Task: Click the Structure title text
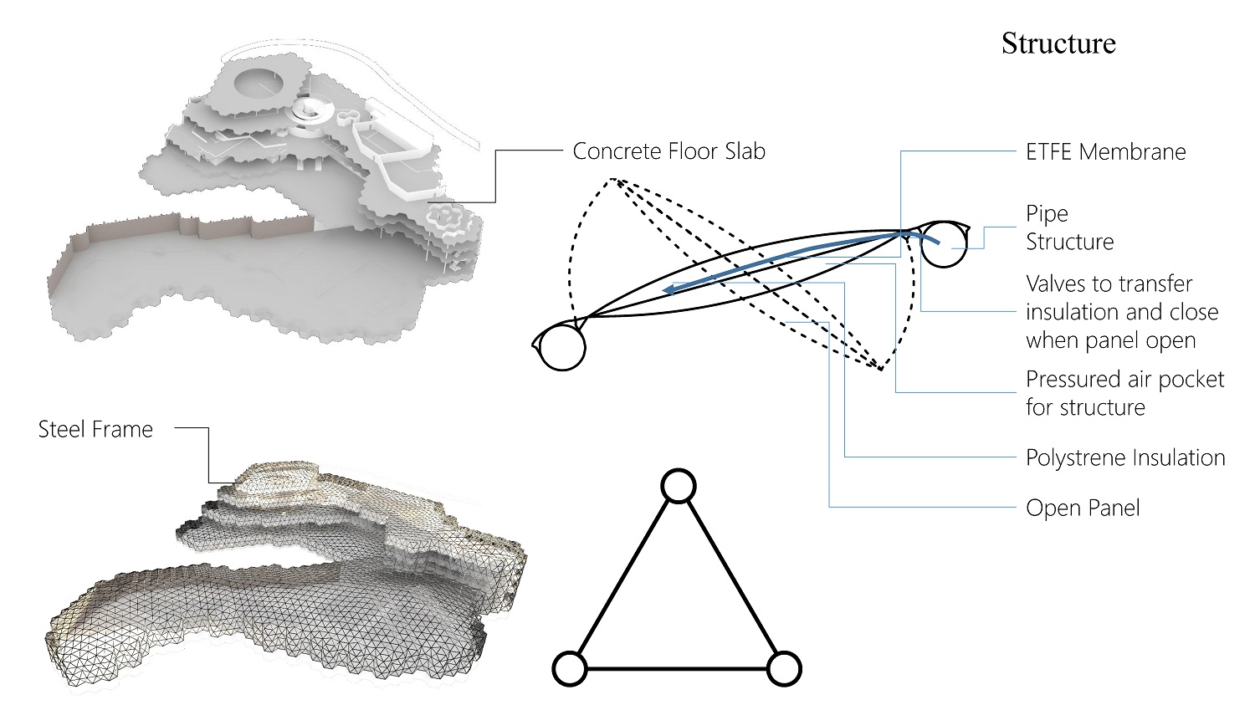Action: (1058, 43)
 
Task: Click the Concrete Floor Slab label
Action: (668, 151)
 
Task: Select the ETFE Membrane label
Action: (1105, 152)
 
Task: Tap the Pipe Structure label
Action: (1069, 227)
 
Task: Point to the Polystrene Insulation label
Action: (1124, 458)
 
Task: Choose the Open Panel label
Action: (1083, 508)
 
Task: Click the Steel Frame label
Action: (95, 430)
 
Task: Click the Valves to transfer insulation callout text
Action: (1121, 312)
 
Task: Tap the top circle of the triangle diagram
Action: (678, 486)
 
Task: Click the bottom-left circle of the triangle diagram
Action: (570, 669)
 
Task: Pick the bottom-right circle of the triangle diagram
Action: (784, 669)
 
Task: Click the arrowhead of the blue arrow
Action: (669, 290)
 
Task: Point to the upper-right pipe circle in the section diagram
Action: (943, 244)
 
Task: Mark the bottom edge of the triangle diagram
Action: (677, 669)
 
